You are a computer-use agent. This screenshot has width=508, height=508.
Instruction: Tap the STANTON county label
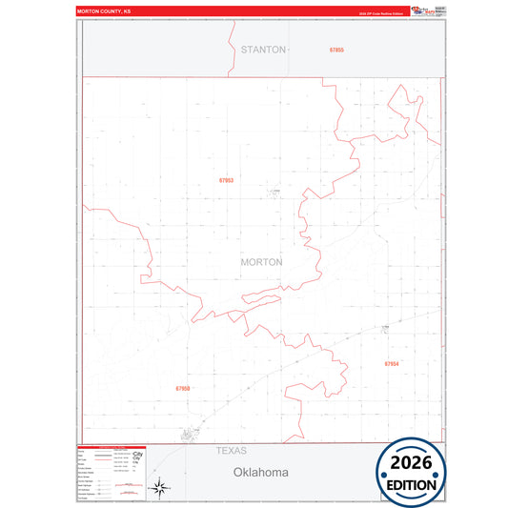[263, 49]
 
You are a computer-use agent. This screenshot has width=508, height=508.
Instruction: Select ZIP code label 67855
[336, 49]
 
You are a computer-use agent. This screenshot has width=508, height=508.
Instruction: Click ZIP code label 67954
[392, 363]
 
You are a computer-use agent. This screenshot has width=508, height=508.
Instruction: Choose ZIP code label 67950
[183, 388]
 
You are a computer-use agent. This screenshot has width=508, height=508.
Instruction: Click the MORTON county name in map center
[261, 262]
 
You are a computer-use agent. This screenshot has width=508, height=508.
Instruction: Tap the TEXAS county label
[231, 450]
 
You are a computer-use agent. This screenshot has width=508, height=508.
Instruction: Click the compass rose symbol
[161, 487]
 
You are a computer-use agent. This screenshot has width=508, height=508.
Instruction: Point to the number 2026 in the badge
[411, 463]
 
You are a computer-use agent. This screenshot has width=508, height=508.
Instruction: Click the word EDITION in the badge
[411, 484]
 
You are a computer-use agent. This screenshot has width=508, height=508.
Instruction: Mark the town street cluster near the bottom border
[191, 435]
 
